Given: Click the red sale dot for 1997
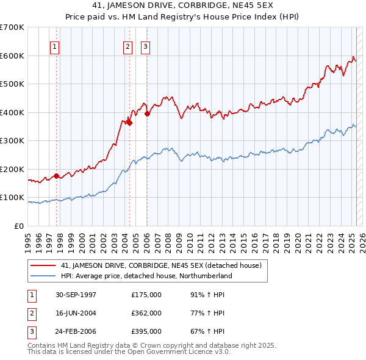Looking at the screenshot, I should [x=57, y=176].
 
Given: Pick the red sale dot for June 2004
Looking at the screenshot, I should [x=129, y=123].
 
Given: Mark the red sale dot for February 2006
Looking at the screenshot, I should [x=147, y=113].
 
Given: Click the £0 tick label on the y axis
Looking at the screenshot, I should [x=19, y=226].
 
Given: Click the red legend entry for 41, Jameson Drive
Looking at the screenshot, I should [x=161, y=265].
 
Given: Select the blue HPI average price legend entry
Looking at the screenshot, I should [x=146, y=276].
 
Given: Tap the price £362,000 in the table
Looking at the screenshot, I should [x=146, y=313].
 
